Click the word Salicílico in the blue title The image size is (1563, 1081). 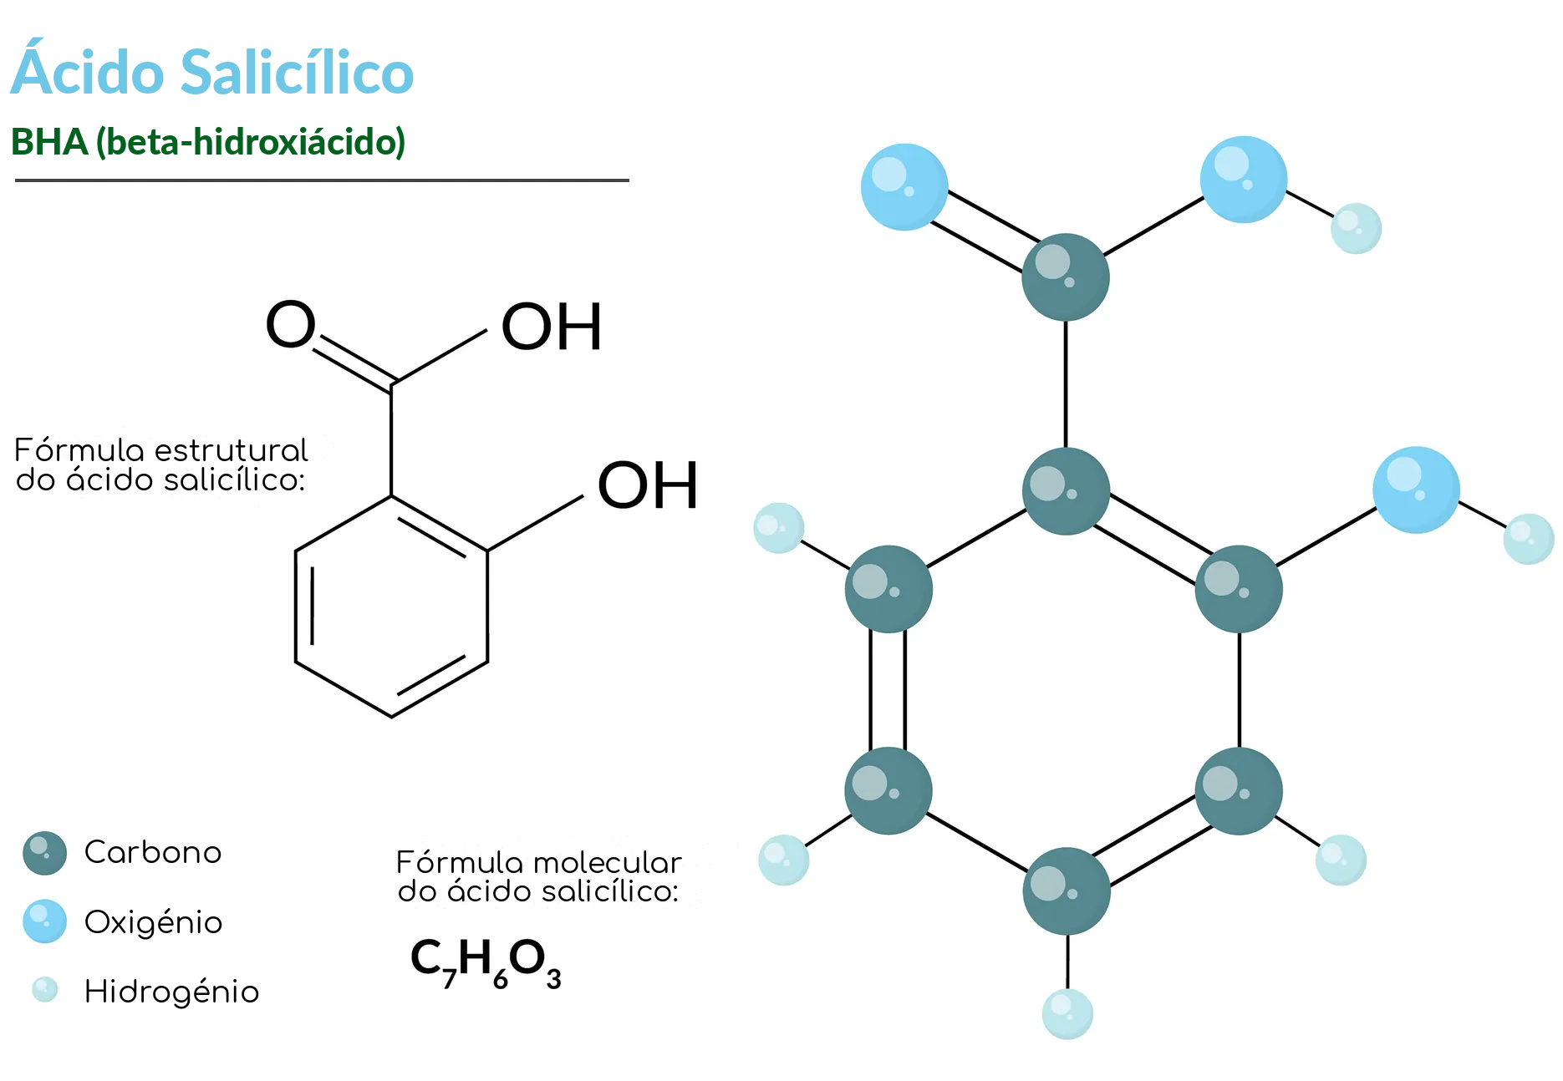[297, 72]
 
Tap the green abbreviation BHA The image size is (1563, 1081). [49, 142]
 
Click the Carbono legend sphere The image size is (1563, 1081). [45, 853]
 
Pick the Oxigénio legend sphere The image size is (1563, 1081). [45, 921]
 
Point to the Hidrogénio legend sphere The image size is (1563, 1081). [44, 990]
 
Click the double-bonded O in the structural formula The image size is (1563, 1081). [290, 324]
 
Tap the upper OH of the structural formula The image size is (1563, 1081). [551, 327]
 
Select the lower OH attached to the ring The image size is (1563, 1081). [648, 485]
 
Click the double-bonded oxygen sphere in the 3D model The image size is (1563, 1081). [904, 187]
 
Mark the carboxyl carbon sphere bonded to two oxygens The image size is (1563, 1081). [1066, 277]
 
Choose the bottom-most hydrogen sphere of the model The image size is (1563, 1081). [1067, 1014]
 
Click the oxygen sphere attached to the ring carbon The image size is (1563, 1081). [1416, 490]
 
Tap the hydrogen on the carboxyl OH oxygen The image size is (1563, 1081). [1356, 228]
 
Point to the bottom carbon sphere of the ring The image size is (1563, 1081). [1067, 891]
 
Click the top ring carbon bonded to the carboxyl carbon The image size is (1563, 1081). [1066, 491]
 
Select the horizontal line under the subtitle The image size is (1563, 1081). [322, 180]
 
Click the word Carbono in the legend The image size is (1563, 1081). [153, 852]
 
